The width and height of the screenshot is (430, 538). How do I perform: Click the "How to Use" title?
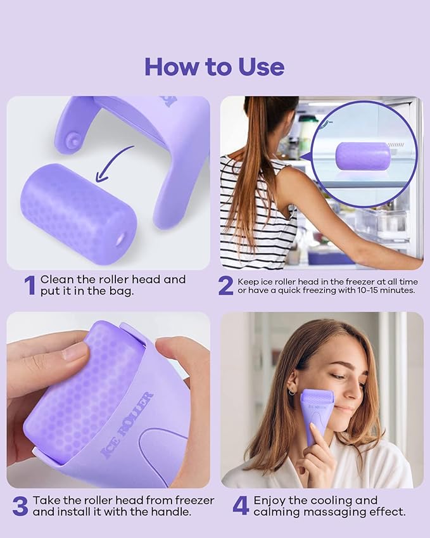pos(214,67)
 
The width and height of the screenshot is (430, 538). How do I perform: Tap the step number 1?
pos(29,286)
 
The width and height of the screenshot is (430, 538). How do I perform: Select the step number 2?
pos(226,286)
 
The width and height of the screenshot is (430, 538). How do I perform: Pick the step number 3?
pos(20,506)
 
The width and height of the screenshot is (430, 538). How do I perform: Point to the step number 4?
pos(241,506)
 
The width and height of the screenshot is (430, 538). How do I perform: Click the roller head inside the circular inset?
pos(363,156)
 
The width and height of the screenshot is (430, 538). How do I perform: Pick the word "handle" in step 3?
pos(153,512)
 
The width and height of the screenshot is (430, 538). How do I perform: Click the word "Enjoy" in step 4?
pos(271,501)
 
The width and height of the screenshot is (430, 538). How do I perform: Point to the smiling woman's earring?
pos(292,392)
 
